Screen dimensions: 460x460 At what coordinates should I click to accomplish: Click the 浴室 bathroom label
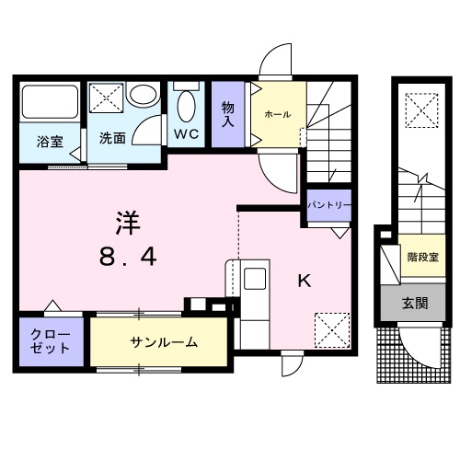click(50, 142)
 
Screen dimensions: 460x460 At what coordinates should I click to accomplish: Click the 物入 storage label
click(228, 114)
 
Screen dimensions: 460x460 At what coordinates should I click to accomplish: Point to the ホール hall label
click(277, 114)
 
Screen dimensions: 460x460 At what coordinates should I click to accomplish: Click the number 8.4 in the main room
click(128, 258)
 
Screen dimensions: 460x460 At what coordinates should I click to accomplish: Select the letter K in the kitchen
click(304, 282)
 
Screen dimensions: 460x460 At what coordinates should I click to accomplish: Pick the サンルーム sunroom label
click(164, 342)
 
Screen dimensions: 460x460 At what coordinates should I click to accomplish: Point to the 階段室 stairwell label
click(423, 257)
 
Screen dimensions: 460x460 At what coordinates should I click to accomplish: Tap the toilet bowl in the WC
click(187, 107)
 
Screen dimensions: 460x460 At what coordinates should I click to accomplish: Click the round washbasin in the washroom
click(143, 96)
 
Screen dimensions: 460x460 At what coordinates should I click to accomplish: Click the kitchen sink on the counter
click(254, 277)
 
